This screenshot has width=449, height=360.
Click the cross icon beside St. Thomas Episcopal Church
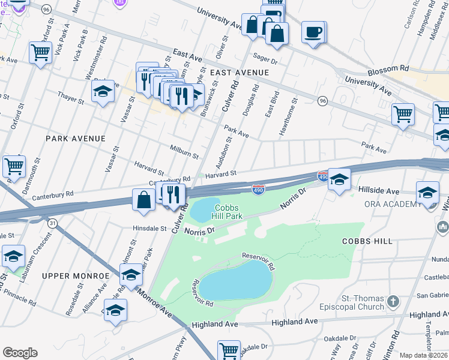(393, 301)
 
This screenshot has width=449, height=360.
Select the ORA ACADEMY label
(393, 205)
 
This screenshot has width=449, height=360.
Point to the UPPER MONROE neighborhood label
(76, 275)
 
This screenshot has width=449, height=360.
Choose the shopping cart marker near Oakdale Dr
(229, 350)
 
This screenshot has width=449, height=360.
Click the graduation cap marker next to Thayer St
(103, 92)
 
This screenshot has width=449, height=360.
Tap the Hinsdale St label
(149, 229)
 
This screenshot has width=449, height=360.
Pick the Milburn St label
(184, 152)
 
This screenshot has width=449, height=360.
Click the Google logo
(20, 353)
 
